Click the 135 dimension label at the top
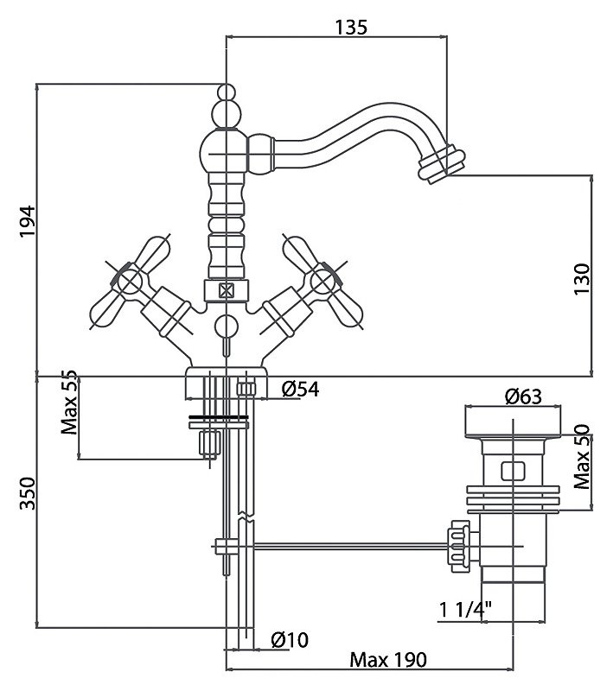(351, 28)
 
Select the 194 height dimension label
(28, 221)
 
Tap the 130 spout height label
(581, 279)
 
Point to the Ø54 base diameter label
(300, 390)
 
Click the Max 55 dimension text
(69, 403)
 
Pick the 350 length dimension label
(28, 493)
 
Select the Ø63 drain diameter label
(523, 396)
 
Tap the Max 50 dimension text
(582, 457)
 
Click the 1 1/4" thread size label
(465, 611)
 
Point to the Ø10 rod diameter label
(291, 639)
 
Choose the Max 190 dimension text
(388, 660)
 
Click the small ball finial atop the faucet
(227, 92)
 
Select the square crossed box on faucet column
(227, 291)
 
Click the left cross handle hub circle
(129, 282)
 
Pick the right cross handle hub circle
(322, 282)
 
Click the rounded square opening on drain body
(513, 471)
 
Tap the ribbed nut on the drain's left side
(457, 547)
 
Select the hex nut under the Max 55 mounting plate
(210, 443)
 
